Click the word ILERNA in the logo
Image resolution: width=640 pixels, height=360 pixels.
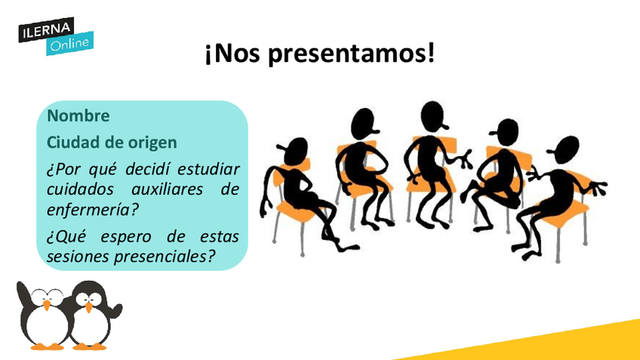click(x=46, y=30)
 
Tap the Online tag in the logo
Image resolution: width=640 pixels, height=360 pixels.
click(x=69, y=44)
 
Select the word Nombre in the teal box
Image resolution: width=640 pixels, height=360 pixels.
click(x=78, y=116)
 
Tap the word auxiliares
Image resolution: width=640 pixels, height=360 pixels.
click(x=168, y=189)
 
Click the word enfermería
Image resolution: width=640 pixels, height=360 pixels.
click(x=93, y=210)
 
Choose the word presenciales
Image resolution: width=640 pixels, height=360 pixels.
click(x=165, y=257)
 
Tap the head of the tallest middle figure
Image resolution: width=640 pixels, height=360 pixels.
click(x=433, y=116)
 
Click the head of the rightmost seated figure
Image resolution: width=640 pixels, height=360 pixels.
click(x=565, y=149)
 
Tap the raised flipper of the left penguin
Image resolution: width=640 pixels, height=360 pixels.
click(x=23, y=293)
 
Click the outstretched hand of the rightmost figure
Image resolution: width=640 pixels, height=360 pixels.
click(x=597, y=188)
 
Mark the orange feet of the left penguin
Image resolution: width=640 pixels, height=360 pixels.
click(x=48, y=347)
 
